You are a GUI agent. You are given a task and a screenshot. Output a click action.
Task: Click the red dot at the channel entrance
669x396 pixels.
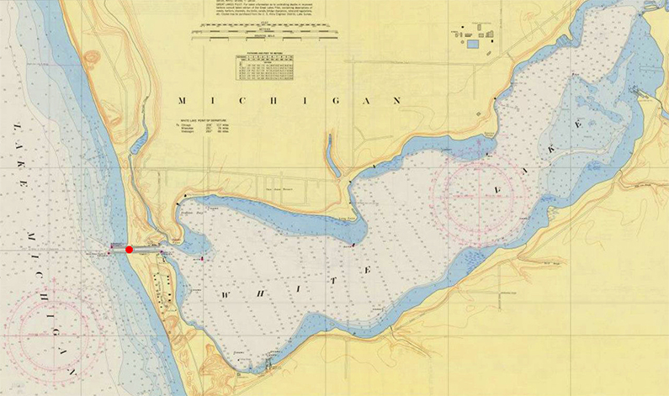(x=129, y=249)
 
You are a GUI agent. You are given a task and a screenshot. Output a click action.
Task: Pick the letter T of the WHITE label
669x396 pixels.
(x=367, y=269)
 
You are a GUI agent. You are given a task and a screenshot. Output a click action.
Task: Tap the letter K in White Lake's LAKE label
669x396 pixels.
(x=576, y=124)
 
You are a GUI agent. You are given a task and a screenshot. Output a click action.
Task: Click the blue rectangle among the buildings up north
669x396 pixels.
(x=472, y=44)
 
